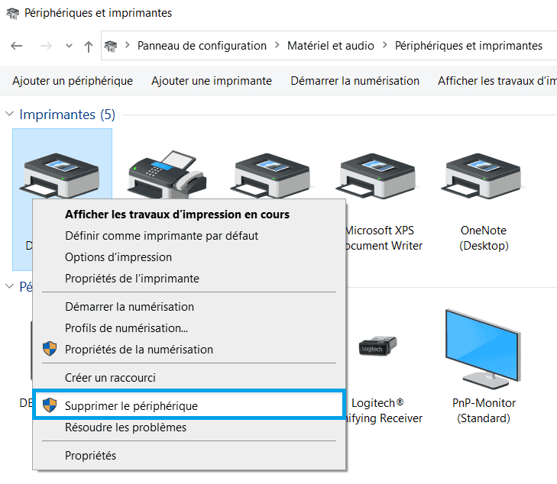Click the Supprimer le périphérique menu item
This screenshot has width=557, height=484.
131,405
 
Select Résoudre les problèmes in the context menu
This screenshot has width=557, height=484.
125,428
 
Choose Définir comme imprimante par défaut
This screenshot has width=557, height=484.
162,236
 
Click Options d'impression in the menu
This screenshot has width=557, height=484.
118,257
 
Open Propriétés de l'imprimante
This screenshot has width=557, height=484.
131,279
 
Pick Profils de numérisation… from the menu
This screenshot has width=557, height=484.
127,328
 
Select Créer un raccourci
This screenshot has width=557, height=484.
110,378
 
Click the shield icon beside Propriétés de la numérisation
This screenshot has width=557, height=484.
50,349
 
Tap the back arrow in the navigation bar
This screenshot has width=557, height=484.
17,45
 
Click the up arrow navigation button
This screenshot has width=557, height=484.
89,46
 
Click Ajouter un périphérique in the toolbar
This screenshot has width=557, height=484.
73,81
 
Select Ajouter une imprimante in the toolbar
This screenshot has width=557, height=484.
212,81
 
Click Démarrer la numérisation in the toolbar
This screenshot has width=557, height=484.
355,81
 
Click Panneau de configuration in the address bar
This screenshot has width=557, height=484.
202,46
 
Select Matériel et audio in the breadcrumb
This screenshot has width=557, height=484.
330,46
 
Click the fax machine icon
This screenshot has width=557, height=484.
167,174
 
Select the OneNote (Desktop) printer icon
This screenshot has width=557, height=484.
483,175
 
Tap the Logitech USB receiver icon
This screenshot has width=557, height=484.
377,345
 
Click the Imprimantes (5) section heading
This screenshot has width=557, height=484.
67,115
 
